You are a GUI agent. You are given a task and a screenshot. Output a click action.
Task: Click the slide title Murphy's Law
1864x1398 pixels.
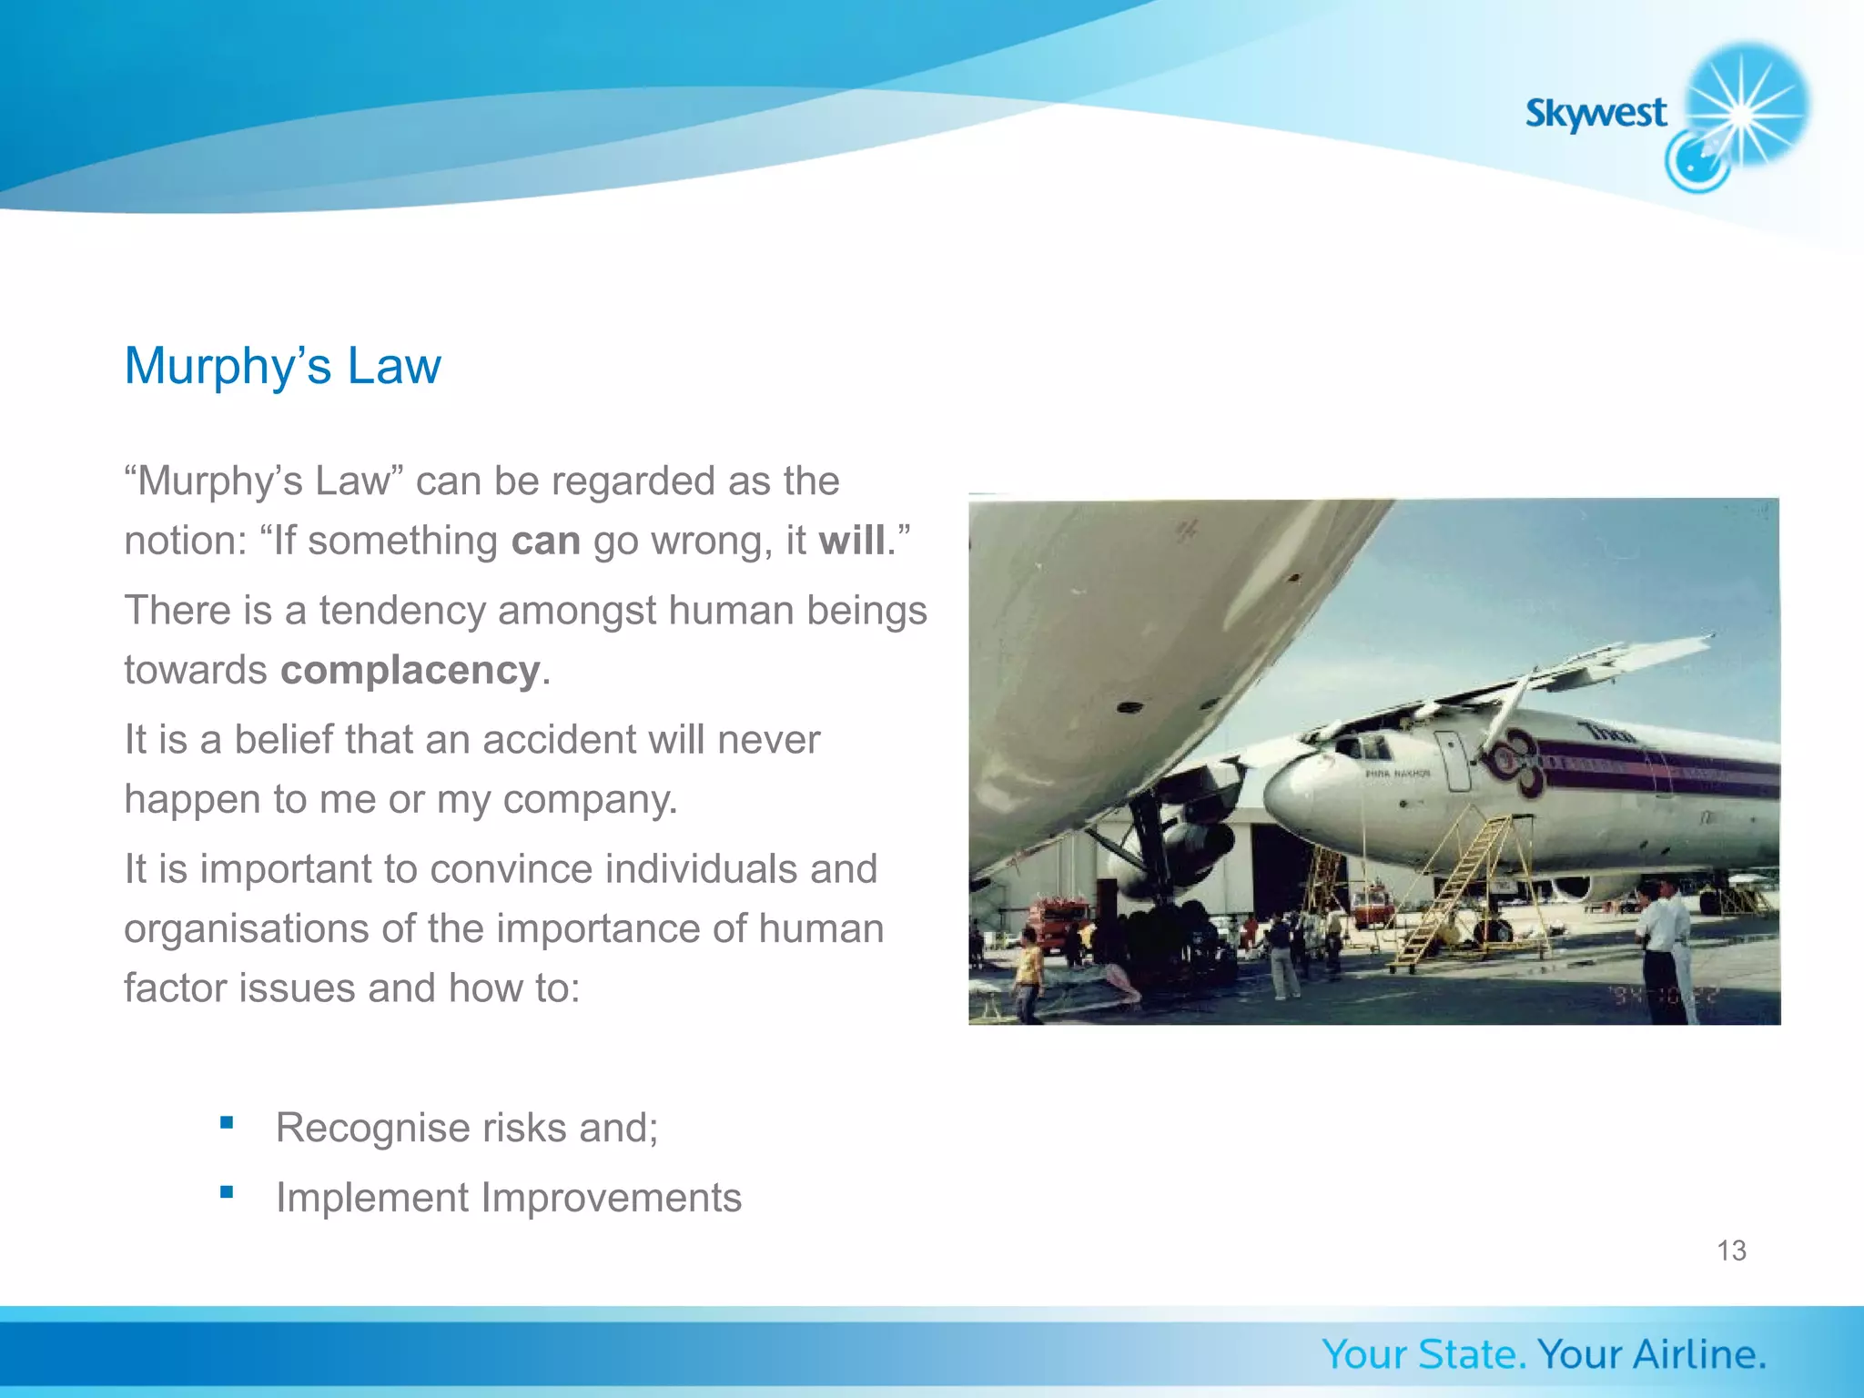[282, 366]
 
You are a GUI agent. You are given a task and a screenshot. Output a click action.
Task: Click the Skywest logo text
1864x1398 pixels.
[1596, 114]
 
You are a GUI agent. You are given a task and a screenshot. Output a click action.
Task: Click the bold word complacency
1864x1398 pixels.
[410, 671]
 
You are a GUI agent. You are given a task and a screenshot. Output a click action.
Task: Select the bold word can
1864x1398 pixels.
[545, 541]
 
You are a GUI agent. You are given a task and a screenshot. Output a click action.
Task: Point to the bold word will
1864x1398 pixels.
[851, 541]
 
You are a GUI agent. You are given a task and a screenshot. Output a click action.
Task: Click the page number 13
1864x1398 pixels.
[1731, 1251]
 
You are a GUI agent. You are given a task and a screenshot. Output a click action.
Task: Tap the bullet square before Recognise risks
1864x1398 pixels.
[227, 1122]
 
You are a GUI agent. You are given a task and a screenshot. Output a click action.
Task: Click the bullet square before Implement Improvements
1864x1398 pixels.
[227, 1191]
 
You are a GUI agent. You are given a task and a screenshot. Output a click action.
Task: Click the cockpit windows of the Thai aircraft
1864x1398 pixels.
[1365, 747]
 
